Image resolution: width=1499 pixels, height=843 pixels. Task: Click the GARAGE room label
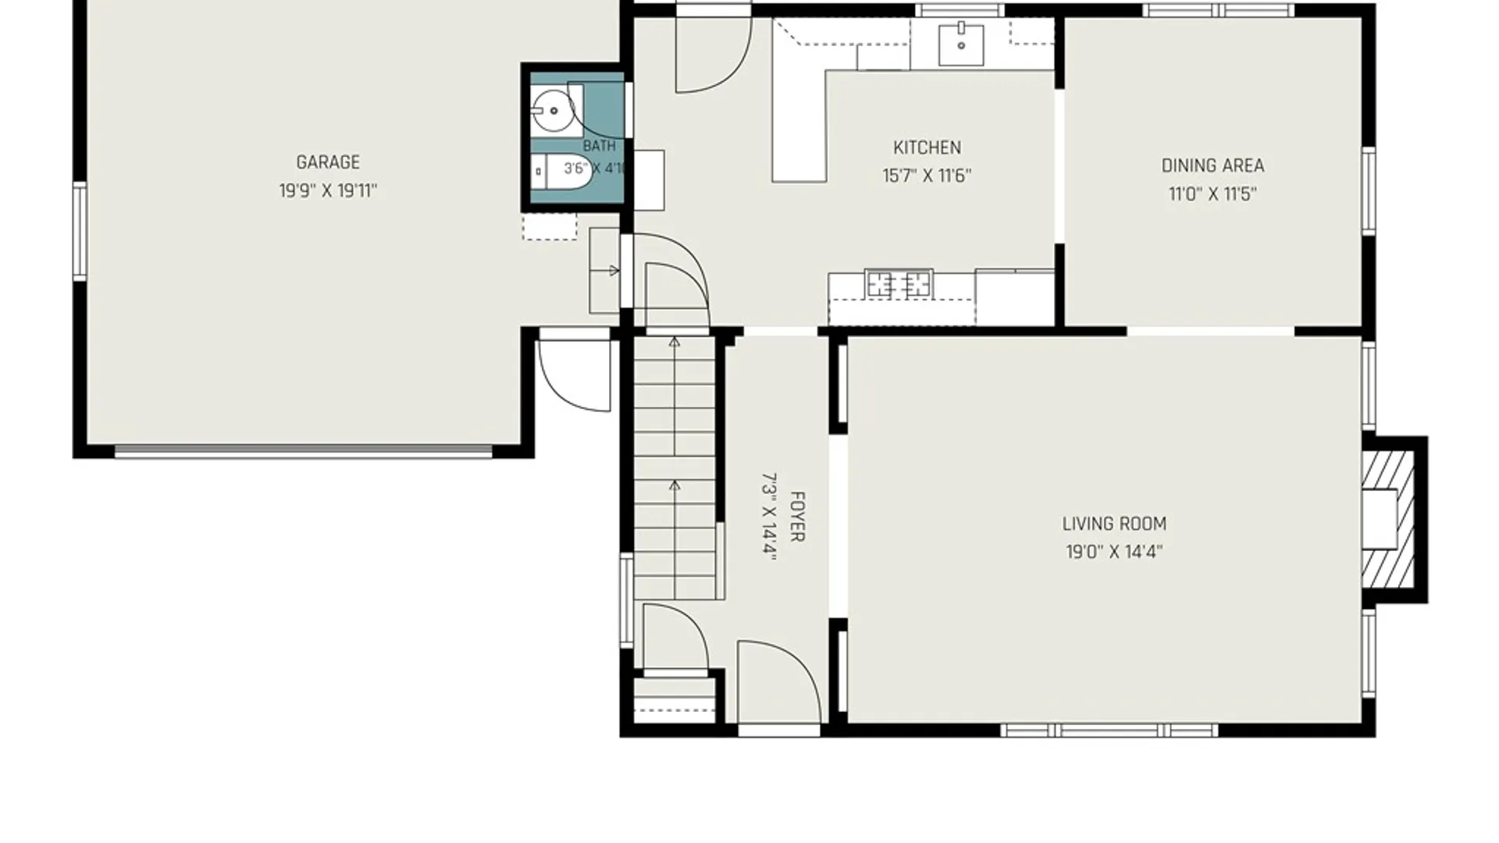[x=328, y=162]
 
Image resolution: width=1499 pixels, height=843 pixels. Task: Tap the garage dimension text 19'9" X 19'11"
[x=328, y=191]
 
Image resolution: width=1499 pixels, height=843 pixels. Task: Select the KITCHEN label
[x=927, y=148]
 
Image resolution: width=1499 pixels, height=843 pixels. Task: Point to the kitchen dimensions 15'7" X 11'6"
[x=927, y=176]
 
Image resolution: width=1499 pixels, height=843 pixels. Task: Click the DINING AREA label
[x=1212, y=165]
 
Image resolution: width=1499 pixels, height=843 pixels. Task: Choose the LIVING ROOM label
[x=1114, y=524]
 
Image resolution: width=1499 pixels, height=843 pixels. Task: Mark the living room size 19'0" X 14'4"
[x=1114, y=552]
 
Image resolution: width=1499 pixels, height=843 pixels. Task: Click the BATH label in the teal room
[x=599, y=146]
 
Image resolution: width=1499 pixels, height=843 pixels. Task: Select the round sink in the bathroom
[x=552, y=112]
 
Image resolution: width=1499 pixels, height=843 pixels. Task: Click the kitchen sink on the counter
[x=960, y=45]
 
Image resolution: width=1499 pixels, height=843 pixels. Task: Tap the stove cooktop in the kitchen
[x=899, y=284]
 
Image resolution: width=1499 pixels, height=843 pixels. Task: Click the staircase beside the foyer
[x=675, y=467]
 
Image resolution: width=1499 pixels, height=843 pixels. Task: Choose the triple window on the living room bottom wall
[x=1109, y=731]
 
